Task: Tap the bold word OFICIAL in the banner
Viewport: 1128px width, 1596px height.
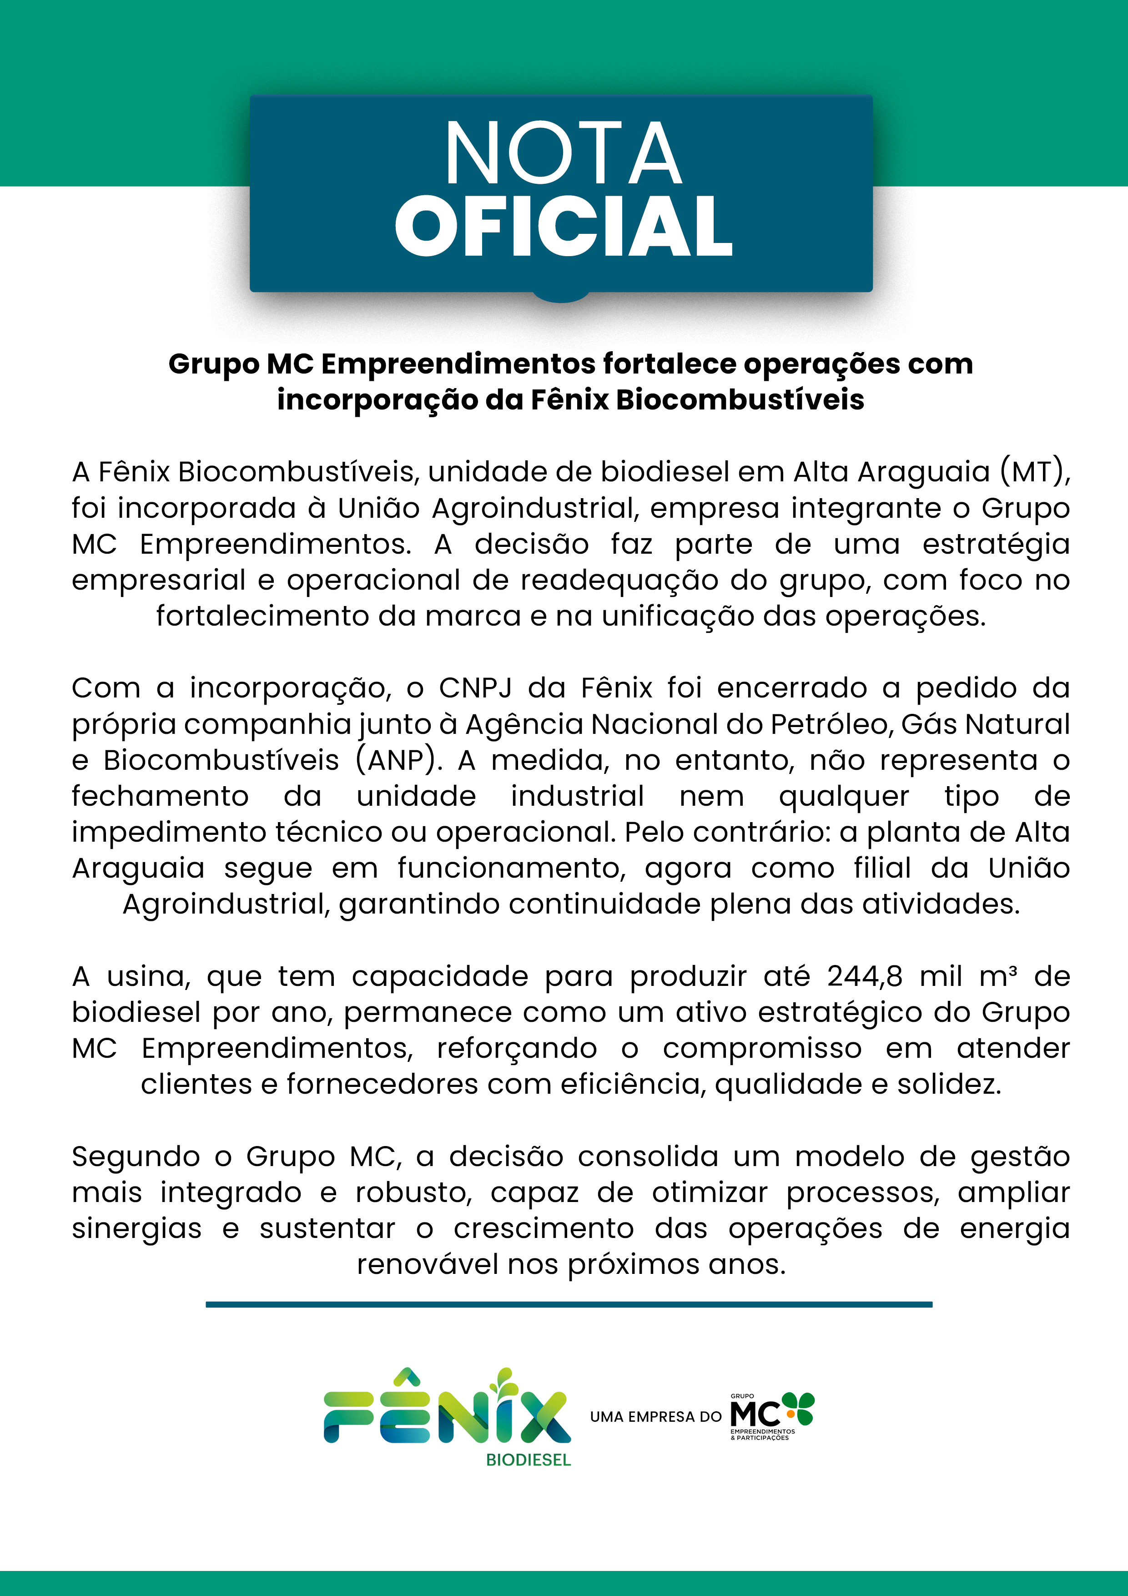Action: click(x=564, y=226)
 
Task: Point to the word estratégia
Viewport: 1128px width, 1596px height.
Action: click(x=995, y=544)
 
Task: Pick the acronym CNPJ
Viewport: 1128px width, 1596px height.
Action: click(x=475, y=688)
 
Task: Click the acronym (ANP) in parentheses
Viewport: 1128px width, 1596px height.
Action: click(x=398, y=760)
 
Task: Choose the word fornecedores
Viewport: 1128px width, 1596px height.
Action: click(x=382, y=1084)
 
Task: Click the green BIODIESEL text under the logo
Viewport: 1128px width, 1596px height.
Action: click(x=528, y=1460)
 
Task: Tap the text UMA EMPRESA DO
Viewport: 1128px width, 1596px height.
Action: click(x=655, y=1417)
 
